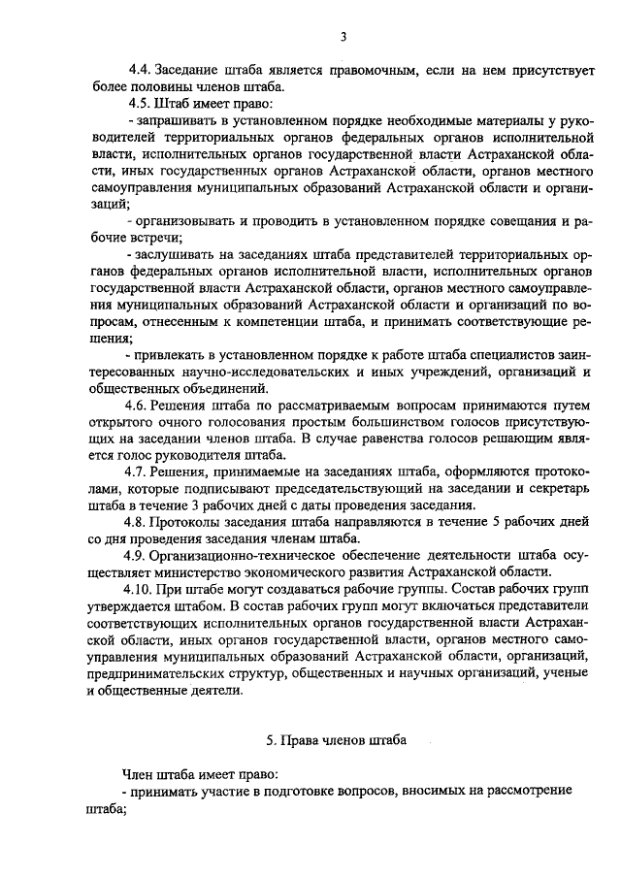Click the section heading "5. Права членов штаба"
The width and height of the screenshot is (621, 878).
[x=337, y=740]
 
